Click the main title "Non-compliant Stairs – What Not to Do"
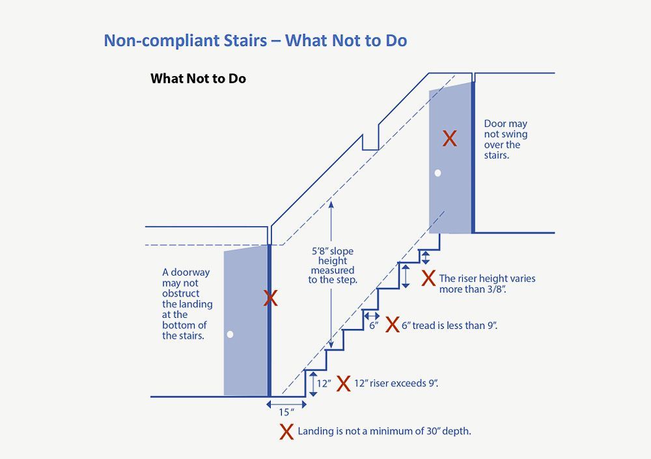pos(255,41)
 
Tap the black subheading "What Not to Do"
pos(198,79)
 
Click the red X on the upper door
pos(449,138)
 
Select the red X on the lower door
pos(270,298)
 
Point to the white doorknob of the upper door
pos(437,173)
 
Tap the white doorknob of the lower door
pos(230,334)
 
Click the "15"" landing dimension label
pos(286,412)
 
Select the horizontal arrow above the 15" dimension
pos(286,404)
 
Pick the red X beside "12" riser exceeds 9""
pos(343,384)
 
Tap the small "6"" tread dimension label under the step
pos(374,326)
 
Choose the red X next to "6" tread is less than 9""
pos(393,324)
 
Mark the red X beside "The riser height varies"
pos(428,278)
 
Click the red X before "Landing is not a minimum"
pos(286,432)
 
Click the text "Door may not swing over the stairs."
pos(505,139)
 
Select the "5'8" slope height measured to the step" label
pos(333,265)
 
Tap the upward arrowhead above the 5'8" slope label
pos(331,204)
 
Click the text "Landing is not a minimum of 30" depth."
pos(385,431)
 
